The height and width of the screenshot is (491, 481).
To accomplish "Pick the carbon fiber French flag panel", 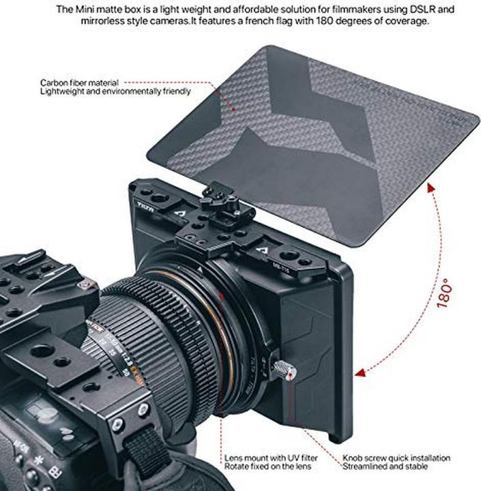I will click(x=314, y=136).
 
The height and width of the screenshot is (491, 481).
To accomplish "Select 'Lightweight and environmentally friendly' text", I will click(x=115, y=91).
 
